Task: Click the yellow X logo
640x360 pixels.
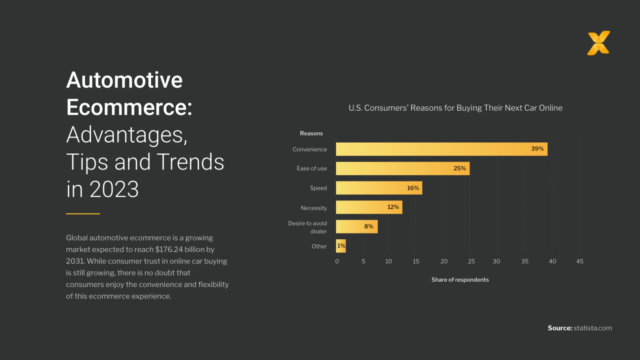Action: pos(598,43)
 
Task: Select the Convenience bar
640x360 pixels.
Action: pos(441,149)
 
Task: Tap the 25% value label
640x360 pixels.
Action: pos(459,169)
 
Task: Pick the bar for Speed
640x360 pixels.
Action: pos(379,188)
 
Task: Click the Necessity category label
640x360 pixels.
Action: pos(314,208)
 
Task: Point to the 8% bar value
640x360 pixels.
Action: pos(369,227)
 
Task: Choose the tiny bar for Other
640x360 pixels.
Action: pos(341,246)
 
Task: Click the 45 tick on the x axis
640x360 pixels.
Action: pos(580,262)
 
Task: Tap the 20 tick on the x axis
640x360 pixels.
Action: pos(444,262)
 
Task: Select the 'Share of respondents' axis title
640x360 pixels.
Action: pos(460,280)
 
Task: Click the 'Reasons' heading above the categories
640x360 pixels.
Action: pos(311,134)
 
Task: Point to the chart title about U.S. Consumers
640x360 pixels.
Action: pos(455,108)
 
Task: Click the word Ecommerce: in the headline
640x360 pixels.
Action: pos(129,107)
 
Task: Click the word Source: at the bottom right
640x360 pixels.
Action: pos(560,328)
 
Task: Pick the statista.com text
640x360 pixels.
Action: pos(593,328)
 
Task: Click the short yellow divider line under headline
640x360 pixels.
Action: pos(83,214)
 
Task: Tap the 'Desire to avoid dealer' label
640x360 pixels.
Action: pos(308,227)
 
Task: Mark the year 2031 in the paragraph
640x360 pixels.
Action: pos(75,261)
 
